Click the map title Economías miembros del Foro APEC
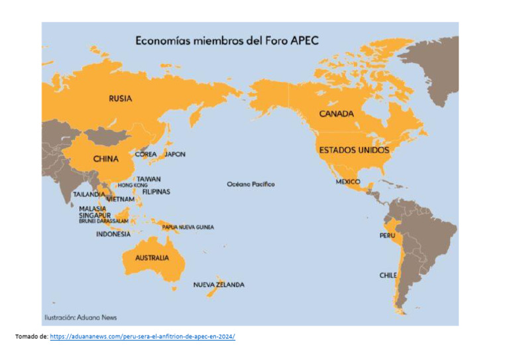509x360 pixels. (x=227, y=40)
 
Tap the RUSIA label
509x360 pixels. (x=121, y=99)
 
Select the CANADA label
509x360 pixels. (x=337, y=114)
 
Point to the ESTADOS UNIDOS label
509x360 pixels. (x=354, y=150)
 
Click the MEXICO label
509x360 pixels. (x=348, y=181)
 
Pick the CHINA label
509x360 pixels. (x=105, y=159)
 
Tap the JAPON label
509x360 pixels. (x=175, y=154)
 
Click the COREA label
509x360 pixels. (x=146, y=154)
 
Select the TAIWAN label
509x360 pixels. (x=148, y=179)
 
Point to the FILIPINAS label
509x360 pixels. (x=156, y=192)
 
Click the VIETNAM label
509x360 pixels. (x=121, y=199)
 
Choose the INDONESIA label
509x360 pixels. (x=113, y=234)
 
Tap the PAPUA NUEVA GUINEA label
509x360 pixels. (x=188, y=227)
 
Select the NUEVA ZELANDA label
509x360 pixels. (x=219, y=285)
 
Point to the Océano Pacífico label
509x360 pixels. (x=251, y=184)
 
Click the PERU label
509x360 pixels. (x=387, y=236)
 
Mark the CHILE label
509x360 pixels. (x=388, y=275)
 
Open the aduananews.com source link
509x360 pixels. (x=142, y=337)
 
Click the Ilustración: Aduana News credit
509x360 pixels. (x=81, y=318)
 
